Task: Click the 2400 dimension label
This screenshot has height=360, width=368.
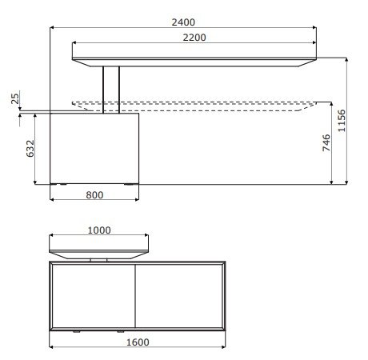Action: pos(183,22)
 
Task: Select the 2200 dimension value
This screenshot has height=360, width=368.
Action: pos(194,38)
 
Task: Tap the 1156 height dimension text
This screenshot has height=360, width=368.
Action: pos(342,121)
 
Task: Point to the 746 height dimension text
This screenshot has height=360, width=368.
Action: pos(326,143)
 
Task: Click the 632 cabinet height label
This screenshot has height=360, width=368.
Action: pos(30,148)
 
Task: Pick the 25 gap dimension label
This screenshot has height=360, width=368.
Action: pos(15,98)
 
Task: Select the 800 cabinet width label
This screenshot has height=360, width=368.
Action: pos(94,195)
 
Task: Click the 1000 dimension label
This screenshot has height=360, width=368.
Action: pos(99,230)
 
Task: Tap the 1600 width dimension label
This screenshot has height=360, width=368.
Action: pos(138,342)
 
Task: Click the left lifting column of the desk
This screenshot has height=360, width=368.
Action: pos(103,90)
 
